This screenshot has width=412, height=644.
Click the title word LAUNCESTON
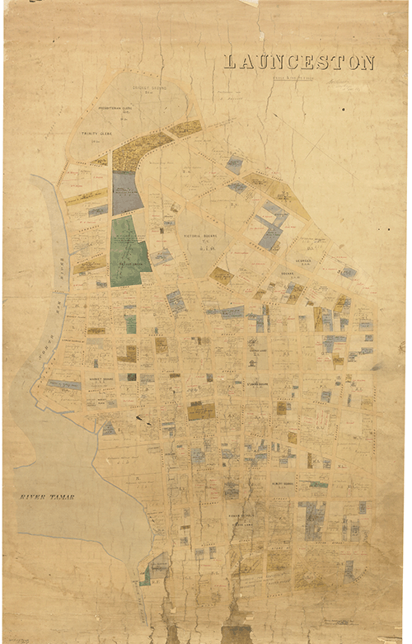click(298, 63)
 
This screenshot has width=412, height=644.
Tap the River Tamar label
click(48, 496)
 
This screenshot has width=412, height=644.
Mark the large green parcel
click(127, 251)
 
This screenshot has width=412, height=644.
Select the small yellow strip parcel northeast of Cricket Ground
click(185, 129)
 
